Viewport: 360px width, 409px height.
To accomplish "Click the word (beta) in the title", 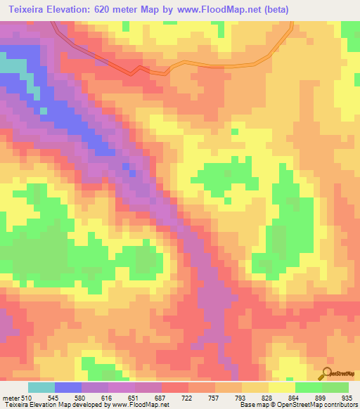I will (274, 10).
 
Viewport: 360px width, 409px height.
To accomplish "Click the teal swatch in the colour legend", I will (41, 388).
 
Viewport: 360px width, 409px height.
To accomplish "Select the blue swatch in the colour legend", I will (68, 388).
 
